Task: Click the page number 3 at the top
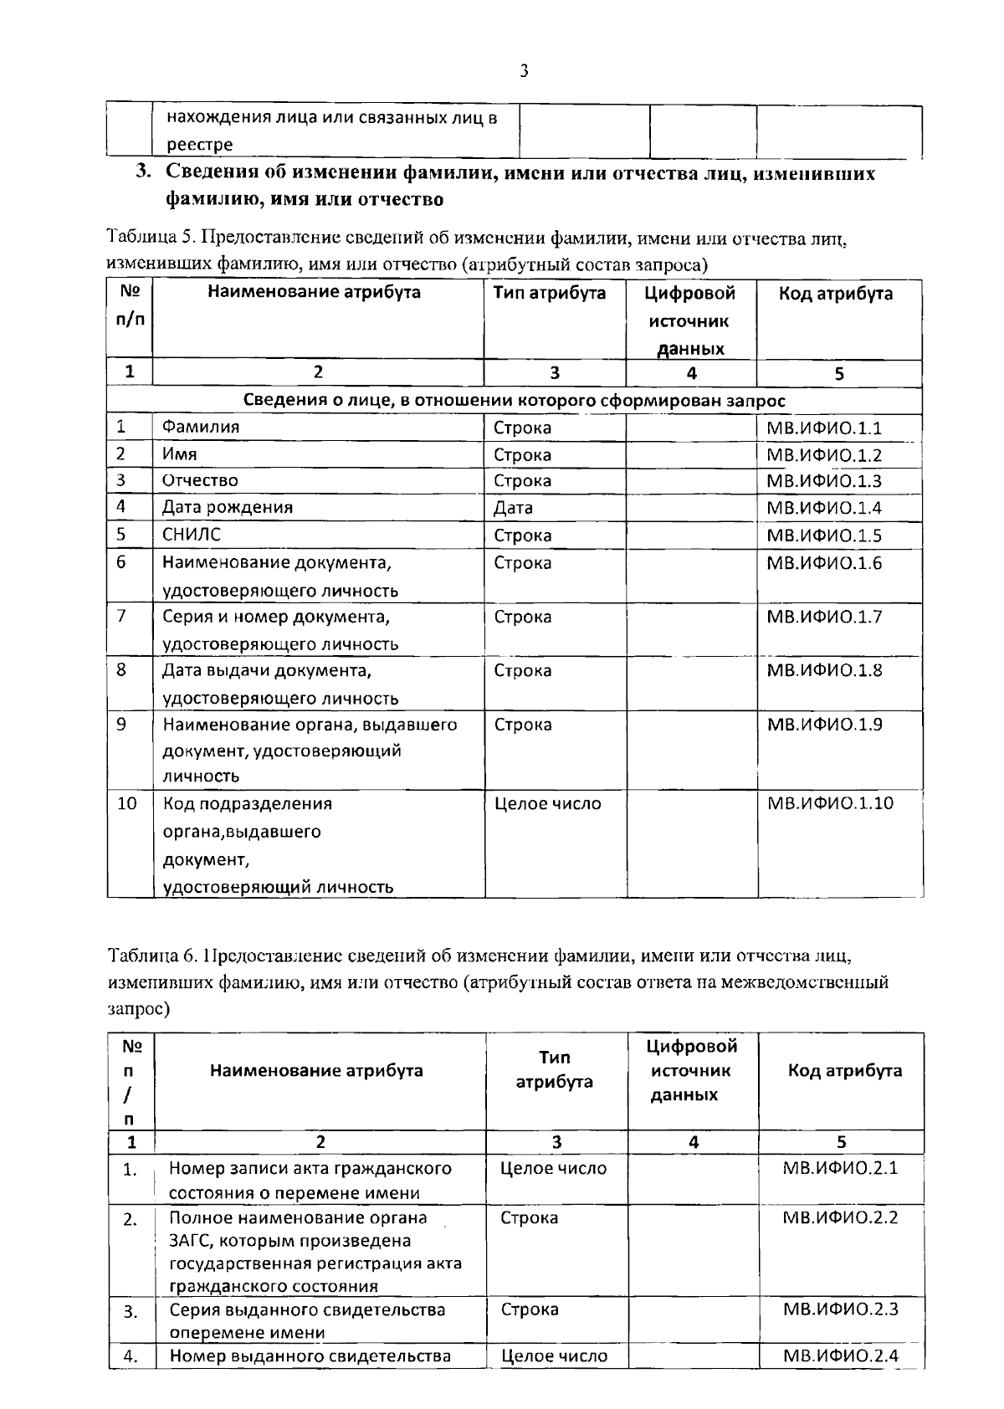524,71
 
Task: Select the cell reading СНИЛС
192,535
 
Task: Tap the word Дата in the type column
513,508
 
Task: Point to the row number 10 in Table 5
126,804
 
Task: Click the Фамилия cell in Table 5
201,427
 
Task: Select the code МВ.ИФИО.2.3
840,1309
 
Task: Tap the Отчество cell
200,480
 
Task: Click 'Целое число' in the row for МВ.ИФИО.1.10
548,804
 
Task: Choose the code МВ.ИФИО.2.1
840,1168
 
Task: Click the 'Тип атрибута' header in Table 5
550,294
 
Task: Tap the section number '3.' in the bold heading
145,173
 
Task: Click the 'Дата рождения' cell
227,507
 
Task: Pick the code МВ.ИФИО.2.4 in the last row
840,1355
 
